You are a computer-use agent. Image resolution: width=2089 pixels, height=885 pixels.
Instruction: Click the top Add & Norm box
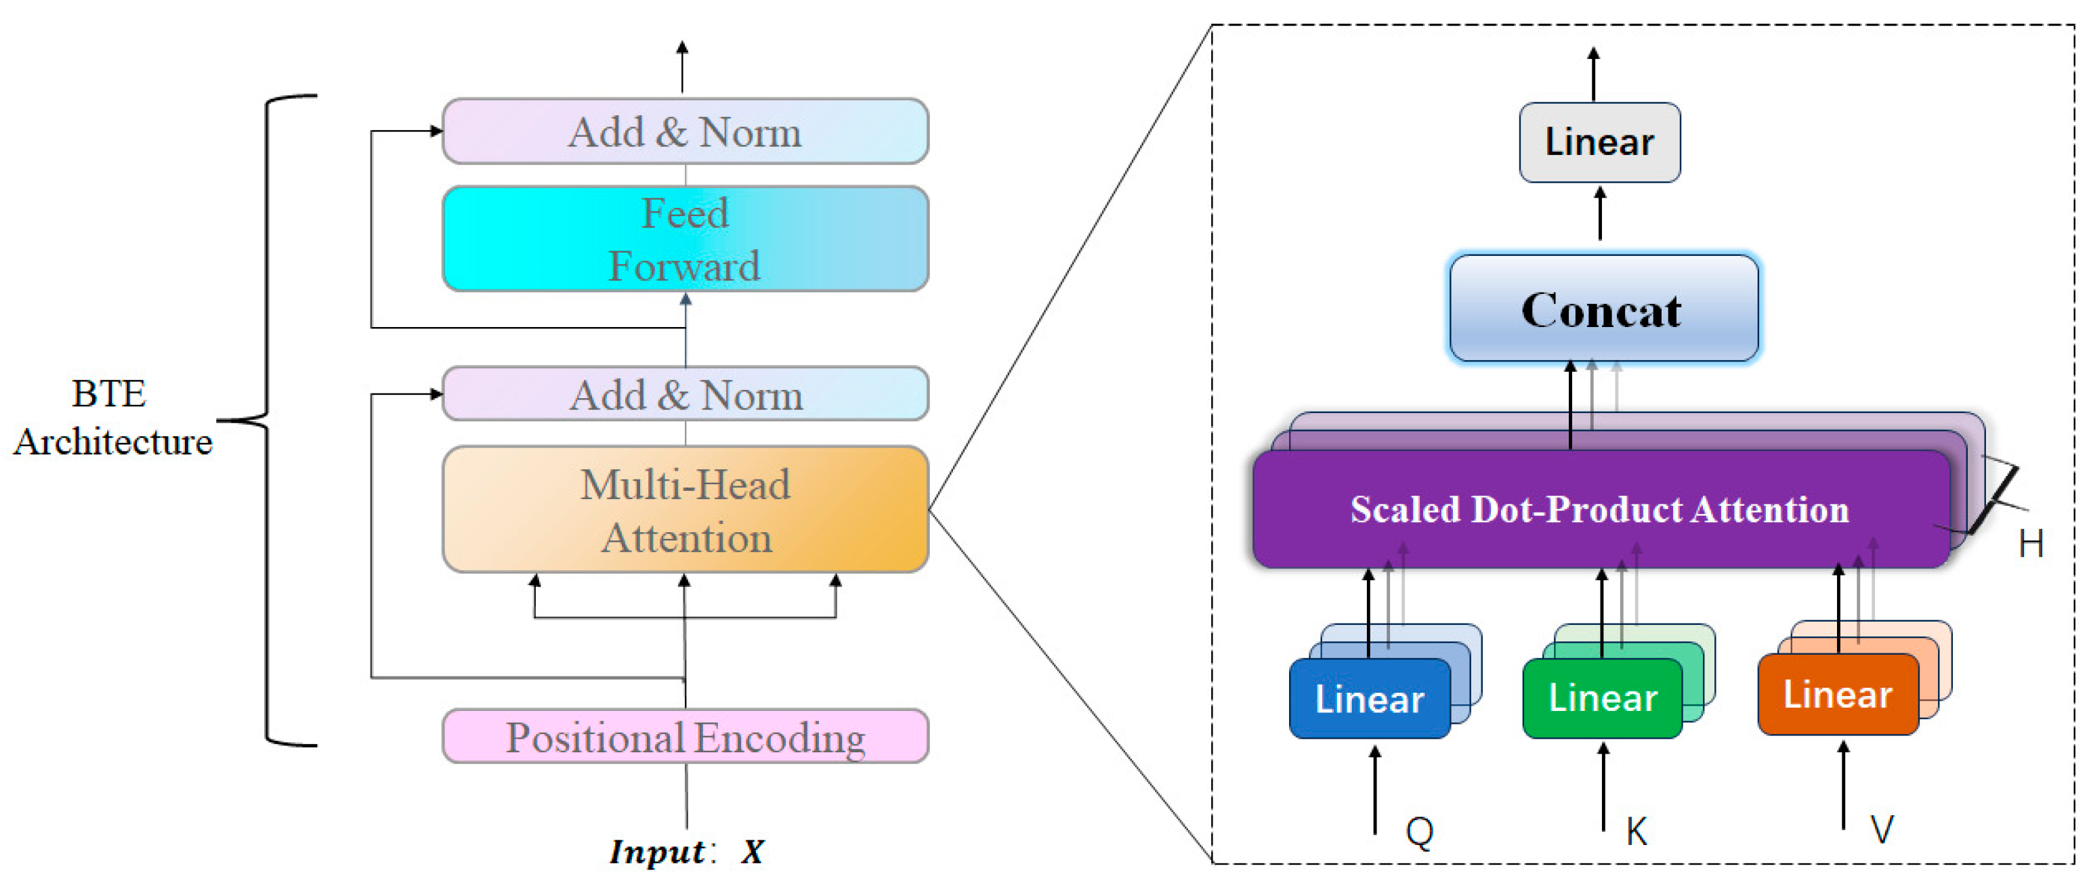coord(685,131)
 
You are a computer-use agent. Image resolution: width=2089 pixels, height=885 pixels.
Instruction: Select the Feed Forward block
coord(685,239)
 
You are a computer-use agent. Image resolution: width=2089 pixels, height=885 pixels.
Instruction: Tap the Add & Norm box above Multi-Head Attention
coord(685,395)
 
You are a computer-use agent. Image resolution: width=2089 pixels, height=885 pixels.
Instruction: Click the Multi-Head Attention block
coord(685,511)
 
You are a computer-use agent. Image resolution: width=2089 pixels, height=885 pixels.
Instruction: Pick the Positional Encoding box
coord(685,737)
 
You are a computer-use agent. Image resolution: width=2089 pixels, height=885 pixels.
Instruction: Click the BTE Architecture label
coord(112,417)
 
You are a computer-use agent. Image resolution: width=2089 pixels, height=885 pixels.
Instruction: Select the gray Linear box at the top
coord(1599,143)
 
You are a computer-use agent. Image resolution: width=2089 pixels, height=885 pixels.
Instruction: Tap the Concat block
coord(1603,309)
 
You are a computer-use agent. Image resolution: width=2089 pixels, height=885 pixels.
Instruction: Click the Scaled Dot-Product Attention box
coord(1599,510)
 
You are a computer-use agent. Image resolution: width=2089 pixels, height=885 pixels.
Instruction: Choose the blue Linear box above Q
coord(1369,699)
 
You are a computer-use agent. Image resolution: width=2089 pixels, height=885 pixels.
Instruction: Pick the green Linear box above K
coord(1603,698)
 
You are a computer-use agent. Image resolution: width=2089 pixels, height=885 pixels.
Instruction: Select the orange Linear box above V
coord(1837,695)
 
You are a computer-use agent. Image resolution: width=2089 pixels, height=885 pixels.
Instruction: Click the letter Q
coord(1419,832)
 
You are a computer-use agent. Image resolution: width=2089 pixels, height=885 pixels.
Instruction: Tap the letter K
coord(1637,832)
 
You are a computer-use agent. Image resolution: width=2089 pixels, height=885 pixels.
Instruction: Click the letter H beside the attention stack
coord(2031,544)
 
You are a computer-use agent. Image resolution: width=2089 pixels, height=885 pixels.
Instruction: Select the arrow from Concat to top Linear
coord(1599,213)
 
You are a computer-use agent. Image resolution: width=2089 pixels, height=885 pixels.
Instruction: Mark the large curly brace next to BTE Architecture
coord(268,420)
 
